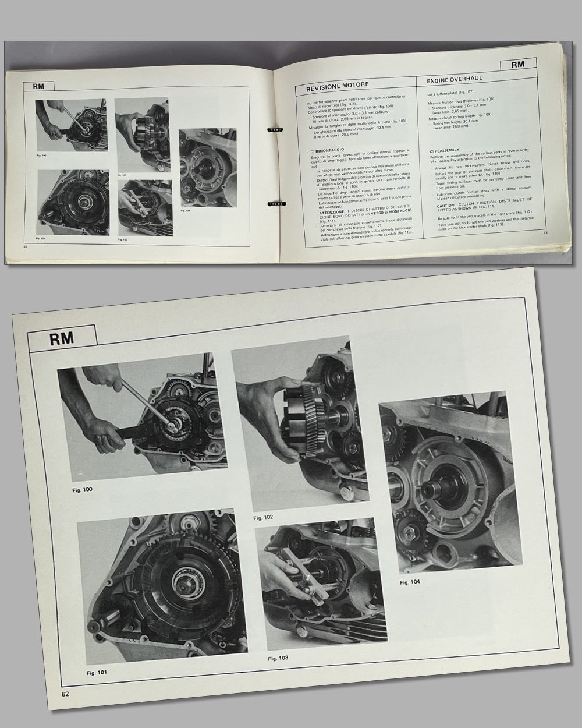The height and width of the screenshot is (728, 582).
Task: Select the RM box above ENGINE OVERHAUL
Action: pos(518,65)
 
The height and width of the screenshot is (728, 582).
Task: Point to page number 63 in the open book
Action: pos(546,234)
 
